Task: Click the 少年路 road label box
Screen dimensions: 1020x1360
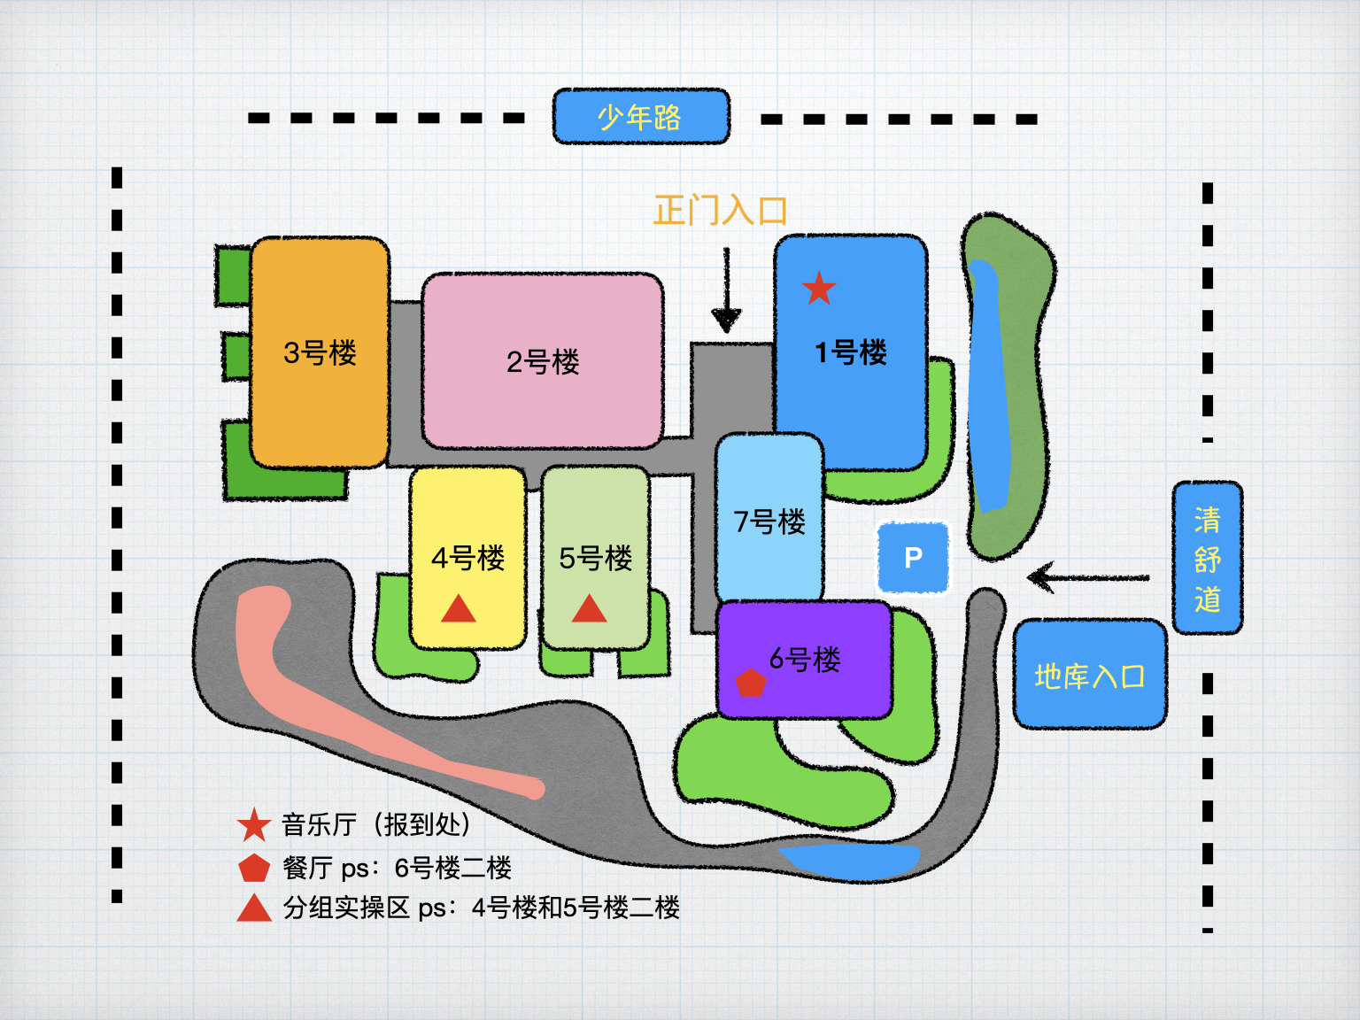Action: (x=641, y=116)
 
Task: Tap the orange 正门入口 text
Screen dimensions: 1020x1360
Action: (x=720, y=211)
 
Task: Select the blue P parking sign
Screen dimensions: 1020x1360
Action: (x=913, y=557)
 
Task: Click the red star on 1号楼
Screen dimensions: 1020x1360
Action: (x=819, y=288)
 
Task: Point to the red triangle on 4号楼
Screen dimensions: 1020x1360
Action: (x=459, y=609)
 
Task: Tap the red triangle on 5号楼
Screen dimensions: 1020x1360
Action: (x=589, y=609)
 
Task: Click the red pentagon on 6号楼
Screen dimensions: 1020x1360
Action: (x=751, y=683)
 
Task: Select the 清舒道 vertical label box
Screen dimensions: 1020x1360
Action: (x=1207, y=558)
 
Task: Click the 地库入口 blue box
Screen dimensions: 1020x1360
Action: (x=1089, y=675)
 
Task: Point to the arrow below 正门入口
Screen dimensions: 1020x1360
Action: (x=726, y=292)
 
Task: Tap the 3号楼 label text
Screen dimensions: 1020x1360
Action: (x=320, y=352)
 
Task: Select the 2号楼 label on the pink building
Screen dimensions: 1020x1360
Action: (x=543, y=361)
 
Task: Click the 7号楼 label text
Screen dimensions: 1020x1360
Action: (x=769, y=522)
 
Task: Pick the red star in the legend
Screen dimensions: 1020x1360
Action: (x=254, y=825)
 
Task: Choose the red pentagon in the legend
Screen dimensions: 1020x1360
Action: (x=254, y=868)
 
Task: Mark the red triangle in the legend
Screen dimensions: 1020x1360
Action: (x=254, y=908)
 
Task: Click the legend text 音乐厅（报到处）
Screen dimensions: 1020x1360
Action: (x=375, y=824)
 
